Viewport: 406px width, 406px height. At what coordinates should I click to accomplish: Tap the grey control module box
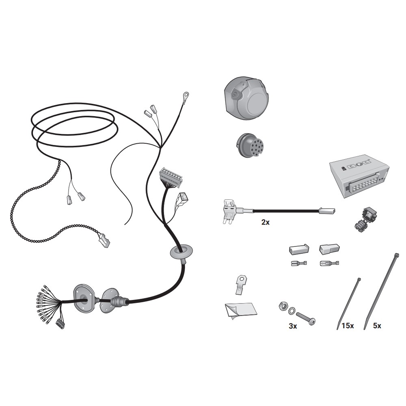[359, 176]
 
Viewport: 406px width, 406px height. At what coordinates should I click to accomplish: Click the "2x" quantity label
[266, 222]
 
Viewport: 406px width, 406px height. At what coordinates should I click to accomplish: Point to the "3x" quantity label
[293, 326]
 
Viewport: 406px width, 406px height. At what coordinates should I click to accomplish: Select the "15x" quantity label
[348, 326]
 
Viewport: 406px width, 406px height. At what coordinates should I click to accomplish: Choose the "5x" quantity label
[377, 326]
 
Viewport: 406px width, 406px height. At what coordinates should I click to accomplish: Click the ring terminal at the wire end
[186, 95]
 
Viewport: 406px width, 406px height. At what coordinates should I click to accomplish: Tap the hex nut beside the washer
[283, 306]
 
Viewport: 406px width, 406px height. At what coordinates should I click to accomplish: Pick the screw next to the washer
[306, 317]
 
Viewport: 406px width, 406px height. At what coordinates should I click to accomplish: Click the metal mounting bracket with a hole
[241, 284]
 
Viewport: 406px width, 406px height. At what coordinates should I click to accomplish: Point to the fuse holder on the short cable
[230, 211]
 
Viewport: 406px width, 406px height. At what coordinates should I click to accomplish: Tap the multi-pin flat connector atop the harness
[171, 177]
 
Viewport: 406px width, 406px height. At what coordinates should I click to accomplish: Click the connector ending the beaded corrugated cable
[104, 240]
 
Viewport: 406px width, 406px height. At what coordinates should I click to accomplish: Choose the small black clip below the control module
[365, 219]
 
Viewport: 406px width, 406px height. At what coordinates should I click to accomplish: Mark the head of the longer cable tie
[396, 255]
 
